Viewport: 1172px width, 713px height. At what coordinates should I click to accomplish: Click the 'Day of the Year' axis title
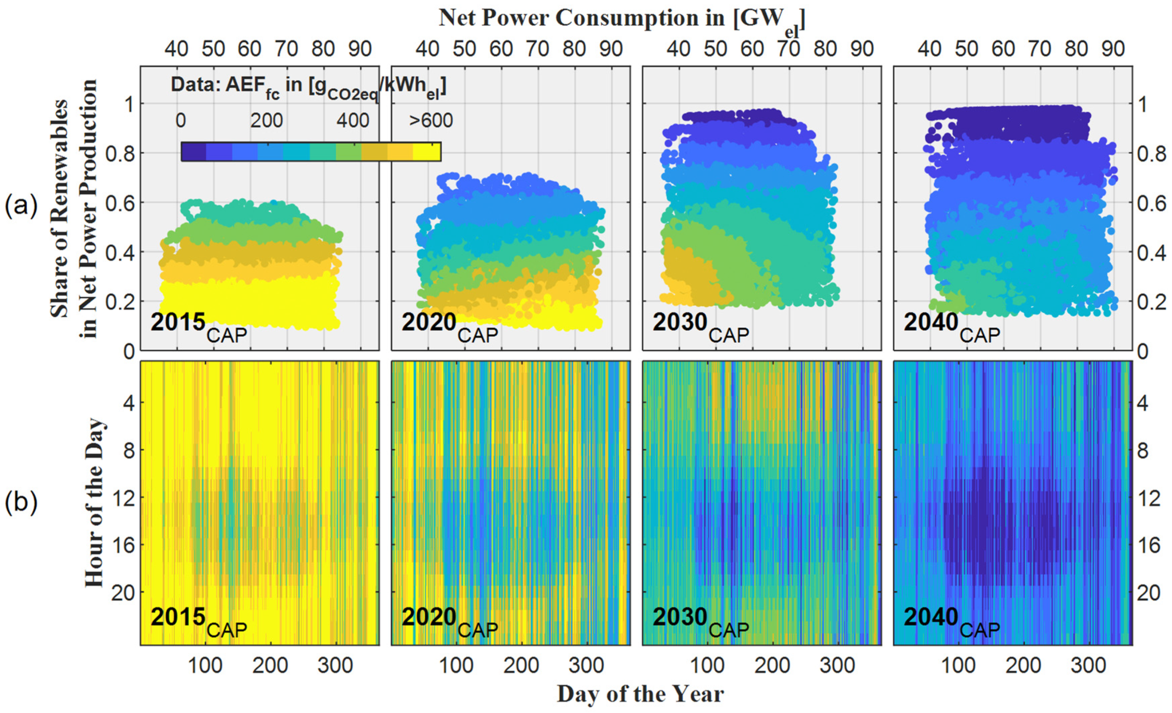tap(640, 694)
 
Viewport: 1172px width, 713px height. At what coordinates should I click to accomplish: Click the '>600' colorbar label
tap(431, 121)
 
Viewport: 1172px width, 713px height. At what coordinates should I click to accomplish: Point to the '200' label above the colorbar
tap(266, 121)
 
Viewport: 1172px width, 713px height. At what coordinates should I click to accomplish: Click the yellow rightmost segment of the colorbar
tap(427, 152)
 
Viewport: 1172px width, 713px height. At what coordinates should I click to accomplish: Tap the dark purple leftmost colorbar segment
tap(194, 152)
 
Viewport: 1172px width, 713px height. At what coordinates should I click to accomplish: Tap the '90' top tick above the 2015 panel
tap(360, 49)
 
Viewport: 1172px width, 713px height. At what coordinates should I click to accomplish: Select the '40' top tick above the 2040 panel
tap(929, 49)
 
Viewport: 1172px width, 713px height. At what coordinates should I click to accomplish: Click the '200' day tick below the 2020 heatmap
tap(521, 665)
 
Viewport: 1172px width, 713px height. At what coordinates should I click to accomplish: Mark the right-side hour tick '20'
tap(1148, 593)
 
